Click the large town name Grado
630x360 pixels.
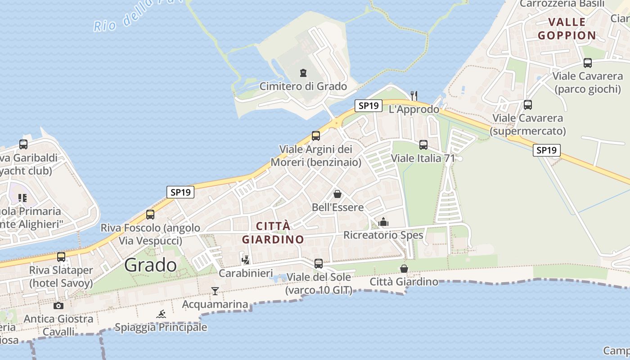(x=150, y=265)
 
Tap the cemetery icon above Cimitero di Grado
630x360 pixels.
(x=303, y=72)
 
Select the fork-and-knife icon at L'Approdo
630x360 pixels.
(x=414, y=95)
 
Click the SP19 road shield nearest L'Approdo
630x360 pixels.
(x=369, y=106)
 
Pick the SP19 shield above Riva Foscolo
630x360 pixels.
(x=180, y=192)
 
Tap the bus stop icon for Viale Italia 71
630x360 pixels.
(x=423, y=145)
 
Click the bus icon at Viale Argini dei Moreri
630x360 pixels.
(x=316, y=135)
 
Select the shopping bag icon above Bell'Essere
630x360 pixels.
(x=337, y=194)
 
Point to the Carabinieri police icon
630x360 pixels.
(x=246, y=260)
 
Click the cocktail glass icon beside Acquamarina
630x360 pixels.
(x=215, y=291)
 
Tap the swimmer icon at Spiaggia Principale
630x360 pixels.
(x=161, y=314)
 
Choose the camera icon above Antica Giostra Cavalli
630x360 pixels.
(x=58, y=306)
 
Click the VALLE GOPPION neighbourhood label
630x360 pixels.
(x=567, y=28)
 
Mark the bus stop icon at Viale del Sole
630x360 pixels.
(x=319, y=264)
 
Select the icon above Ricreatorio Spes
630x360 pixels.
(x=383, y=222)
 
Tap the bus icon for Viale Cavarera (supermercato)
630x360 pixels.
(x=528, y=105)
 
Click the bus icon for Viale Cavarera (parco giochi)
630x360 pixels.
(x=587, y=63)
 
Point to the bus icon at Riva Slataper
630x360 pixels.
(x=61, y=257)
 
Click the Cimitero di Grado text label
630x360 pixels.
(x=303, y=86)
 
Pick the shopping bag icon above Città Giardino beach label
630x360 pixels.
(x=404, y=269)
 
